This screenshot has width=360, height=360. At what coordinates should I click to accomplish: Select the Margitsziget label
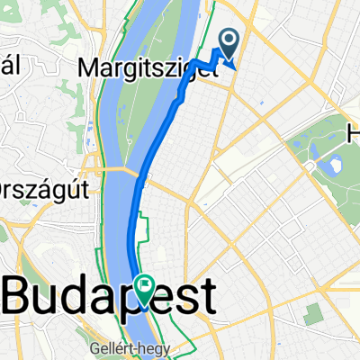click(150, 67)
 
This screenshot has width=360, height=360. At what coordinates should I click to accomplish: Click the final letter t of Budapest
click(206, 296)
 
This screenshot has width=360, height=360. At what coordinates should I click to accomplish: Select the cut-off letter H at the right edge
click(354, 134)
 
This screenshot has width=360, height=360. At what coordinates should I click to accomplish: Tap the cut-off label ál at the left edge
click(8, 67)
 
